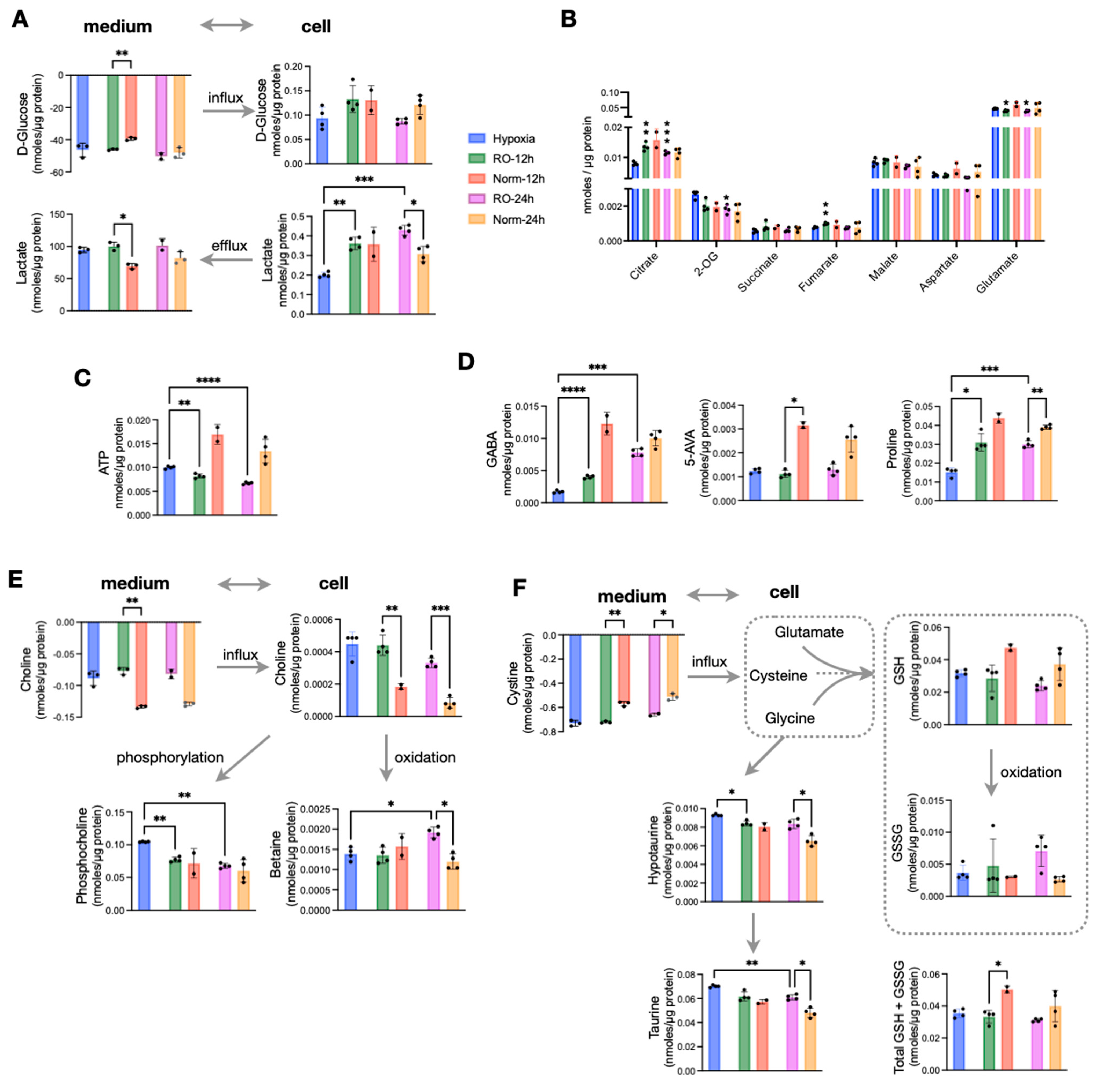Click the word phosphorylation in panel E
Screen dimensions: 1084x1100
[170, 757]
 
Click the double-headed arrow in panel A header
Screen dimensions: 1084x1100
[226, 25]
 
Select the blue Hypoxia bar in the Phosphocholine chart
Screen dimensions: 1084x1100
[144, 875]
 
